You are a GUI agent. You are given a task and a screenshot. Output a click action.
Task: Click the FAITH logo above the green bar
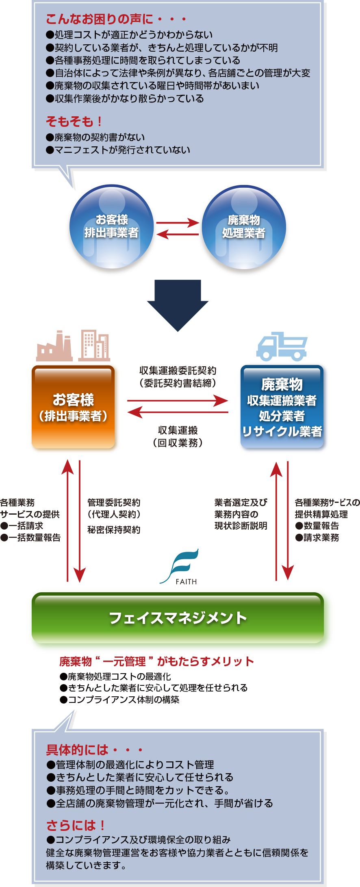[179, 566]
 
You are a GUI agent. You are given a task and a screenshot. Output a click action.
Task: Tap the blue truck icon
[282, 346]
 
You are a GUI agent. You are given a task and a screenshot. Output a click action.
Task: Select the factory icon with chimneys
[54, 347]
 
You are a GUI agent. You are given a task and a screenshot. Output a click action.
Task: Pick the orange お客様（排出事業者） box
[74, 408]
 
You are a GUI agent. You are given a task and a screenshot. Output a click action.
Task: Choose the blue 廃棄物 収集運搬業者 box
[283, 408]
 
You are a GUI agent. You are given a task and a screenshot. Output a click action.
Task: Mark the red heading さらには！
[76, 826]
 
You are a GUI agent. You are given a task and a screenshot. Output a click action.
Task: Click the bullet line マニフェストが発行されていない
[118, 150]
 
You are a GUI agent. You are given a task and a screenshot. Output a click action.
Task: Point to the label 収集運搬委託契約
[178, 370]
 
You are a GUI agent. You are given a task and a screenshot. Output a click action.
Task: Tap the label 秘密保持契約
[114, 530]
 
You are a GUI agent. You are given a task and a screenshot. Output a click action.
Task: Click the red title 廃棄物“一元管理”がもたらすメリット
[156, 662]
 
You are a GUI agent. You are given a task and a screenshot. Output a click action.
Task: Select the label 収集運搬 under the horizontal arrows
[178, 430]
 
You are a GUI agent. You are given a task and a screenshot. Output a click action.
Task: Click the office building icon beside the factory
[94, 346]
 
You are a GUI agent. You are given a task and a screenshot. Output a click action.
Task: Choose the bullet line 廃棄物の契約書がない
[95, 137]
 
